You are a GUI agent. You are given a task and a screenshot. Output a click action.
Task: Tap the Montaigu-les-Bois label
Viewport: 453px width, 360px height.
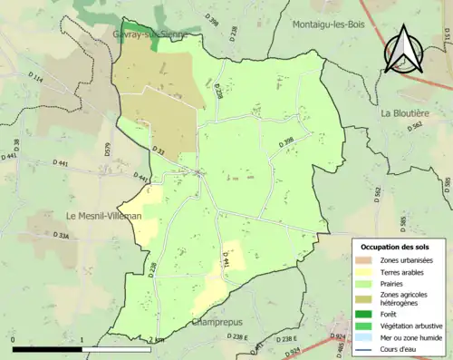click(x=327, y=24)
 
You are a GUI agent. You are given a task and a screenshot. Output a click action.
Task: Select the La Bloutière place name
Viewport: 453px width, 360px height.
click(x=409, y=113)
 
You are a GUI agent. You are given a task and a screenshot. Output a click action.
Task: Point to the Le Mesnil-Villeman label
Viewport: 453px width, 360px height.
click(x=102, y=216)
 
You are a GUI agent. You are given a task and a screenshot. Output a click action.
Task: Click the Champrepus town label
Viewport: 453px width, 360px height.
click(x=218, y=323)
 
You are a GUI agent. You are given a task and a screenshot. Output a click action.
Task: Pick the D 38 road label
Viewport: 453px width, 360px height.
click(x=17, y=146)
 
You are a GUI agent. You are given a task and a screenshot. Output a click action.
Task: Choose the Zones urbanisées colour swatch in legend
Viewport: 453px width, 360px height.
click(x=367, y=260)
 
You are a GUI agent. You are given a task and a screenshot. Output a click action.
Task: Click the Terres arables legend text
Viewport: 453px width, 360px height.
click(x=404, y=271)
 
